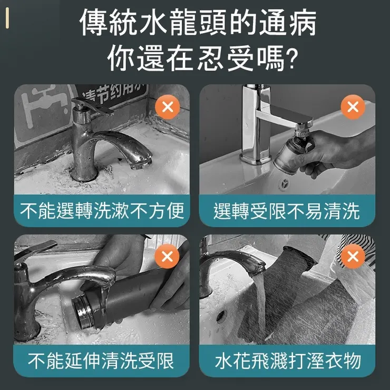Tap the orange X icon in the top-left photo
(168, 108)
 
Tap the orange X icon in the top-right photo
(353, 108)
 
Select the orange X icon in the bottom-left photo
(168, 257)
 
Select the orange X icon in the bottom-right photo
(353, 257)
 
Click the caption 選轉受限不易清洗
(287, 211)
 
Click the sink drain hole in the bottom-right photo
(221, 316)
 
